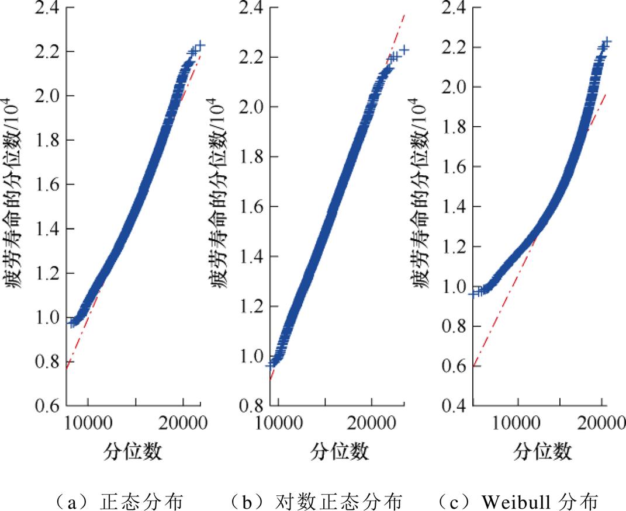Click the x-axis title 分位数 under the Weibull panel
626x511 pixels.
pos(543,451)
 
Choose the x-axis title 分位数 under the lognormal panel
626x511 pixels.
pos(340,451)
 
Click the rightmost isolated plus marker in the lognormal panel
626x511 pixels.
pos(404,50)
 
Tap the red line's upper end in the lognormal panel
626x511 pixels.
pos(403,15)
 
